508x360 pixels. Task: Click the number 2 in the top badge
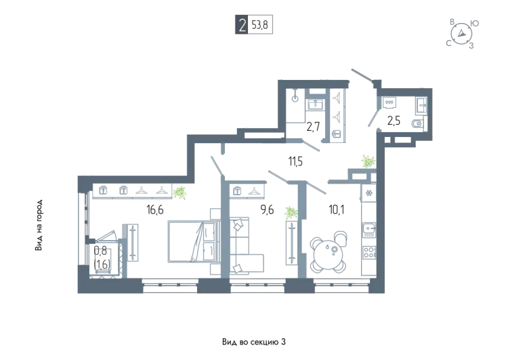pyautogui.click(x=242, y=26)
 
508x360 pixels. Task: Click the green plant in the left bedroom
pyautogui.click(x=179, y=193)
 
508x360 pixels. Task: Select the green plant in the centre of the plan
pyautogui.click(x=291, y=213)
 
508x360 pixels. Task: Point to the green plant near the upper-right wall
pyautogui.click(x=368, y=161)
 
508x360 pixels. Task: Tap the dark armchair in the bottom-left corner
pyautogui.click(x=102, y=258)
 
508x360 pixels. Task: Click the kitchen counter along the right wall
pyautogui.click(x=369, y=227)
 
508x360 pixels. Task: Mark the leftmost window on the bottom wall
pyautogui.click(x=171, y=289)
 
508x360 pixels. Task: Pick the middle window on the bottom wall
pyautogui.click(x=257, y=289)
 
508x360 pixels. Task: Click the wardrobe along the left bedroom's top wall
pyautogui.click(x=129, y=190)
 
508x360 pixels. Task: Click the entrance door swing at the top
pyautogui.click(x=362, y=78)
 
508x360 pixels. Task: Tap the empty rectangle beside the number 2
pyautogui.click(x=261, y=25)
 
